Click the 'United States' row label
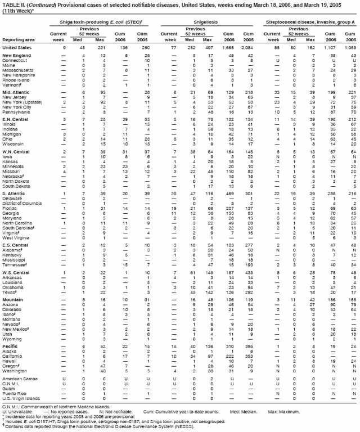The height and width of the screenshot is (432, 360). (x=18, y=49)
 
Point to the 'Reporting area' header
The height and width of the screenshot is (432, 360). (x=17, y=40)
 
